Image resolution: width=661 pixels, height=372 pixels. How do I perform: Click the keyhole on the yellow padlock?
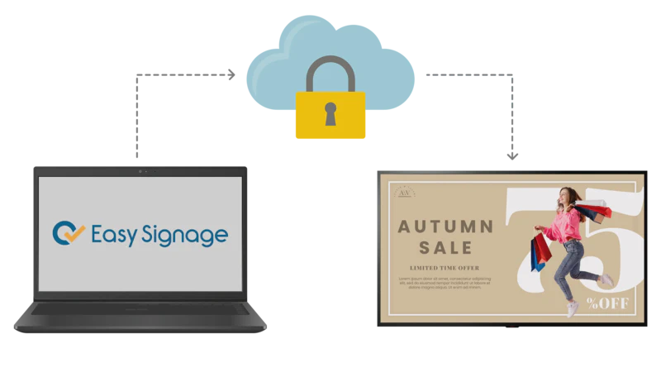pyautogui.click(x=330, y=113)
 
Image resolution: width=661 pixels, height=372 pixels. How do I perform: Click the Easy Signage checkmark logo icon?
pyautogui.click(x=69, y=233)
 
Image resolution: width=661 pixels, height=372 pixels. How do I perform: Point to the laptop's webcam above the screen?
pyautogui.click(x=141, y=171)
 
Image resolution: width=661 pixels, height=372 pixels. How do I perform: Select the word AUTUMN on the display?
pyautogui.click(x=445, y=227)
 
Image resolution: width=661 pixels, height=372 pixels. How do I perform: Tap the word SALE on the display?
pyautogui.click(x=445, y=247)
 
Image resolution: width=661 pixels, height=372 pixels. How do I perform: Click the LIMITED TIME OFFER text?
pyautogui.click(x=445, y=268)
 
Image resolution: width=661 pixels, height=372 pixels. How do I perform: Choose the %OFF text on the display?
pyautogui.click(x=608, y=303)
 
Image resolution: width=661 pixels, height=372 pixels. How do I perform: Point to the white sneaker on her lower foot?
pyautogui.click(x=572, y=308)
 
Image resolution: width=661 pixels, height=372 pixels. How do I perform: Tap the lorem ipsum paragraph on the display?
pyautogui.click(x=445, y=283)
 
